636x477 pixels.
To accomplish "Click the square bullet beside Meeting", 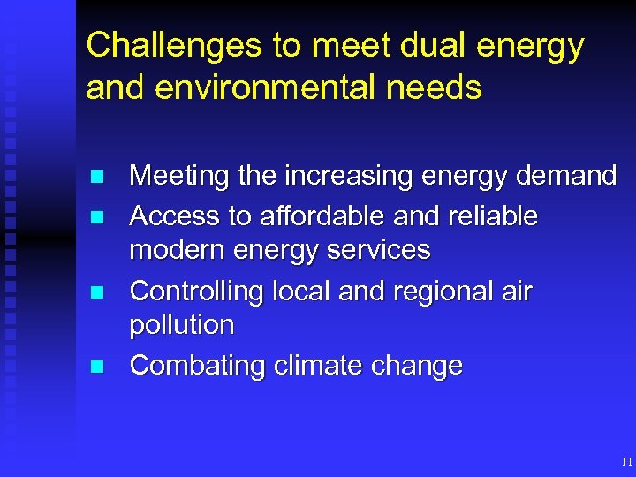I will click(x=97, y=177).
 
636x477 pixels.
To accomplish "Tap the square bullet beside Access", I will click(x=97, y=216).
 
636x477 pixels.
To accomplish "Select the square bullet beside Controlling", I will click(x=97, y=291).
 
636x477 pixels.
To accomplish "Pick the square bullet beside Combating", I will click(x=97, y=366).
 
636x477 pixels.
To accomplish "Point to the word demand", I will click(x=565, y=177).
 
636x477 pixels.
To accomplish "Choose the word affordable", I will click(x=314, y=216).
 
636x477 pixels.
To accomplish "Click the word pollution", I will click(x=182, y=325).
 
